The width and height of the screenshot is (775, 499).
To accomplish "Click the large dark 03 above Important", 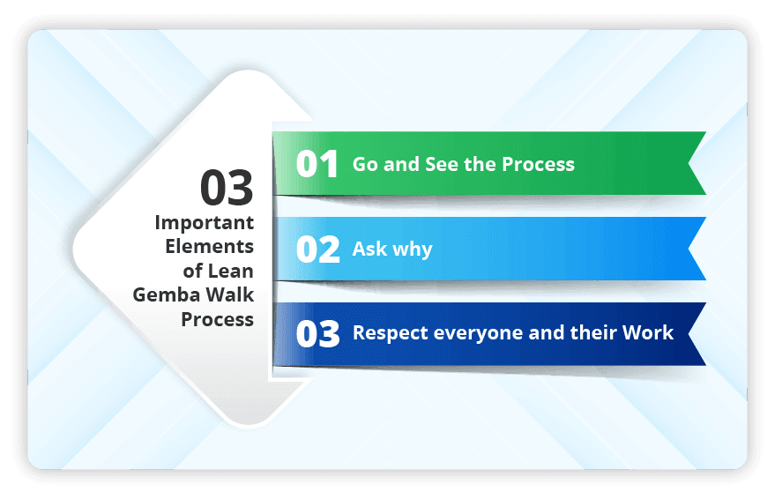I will tap(227, 188).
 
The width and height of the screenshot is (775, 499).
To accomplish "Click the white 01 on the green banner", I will tap(317, 165).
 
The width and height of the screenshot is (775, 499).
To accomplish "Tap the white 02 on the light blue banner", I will tap(317, 249).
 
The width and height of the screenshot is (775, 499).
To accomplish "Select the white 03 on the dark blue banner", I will tap(317, 334).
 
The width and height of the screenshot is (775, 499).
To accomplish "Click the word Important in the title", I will tap(205, 222).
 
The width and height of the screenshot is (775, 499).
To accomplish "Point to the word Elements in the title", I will tap(210, 246).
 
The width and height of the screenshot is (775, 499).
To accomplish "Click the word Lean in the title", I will tap(230, 271).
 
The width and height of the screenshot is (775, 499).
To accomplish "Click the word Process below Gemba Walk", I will tap(218, 319).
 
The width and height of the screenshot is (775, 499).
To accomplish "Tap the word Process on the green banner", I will tap(538, 165).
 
